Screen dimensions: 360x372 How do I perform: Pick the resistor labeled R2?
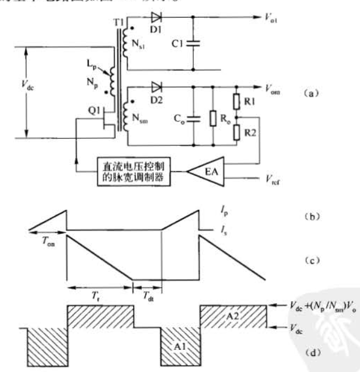(236, 133)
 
